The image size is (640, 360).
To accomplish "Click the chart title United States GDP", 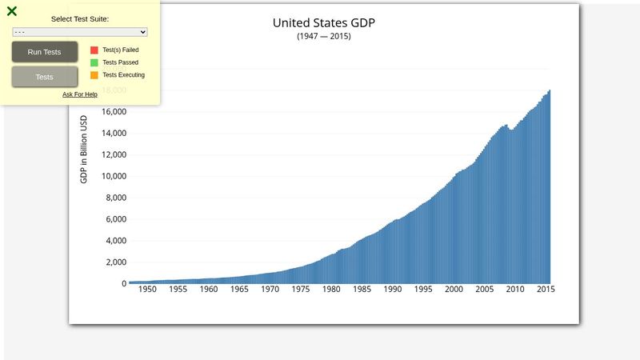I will point(323,22).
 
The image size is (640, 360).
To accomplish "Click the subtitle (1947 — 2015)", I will point(323,37).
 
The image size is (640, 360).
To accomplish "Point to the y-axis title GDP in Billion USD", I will point(83,149).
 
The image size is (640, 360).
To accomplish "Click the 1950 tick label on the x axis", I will point(147,290).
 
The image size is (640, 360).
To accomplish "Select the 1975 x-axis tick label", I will point(301,290).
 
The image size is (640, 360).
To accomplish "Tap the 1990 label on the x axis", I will point(393,290).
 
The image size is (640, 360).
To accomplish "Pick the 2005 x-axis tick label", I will point(485,290).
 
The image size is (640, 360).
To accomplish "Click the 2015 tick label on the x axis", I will point(545,290).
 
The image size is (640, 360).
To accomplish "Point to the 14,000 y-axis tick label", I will point(114,134).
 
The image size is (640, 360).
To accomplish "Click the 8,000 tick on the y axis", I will point(116,198).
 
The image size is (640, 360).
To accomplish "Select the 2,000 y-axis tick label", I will point(116,262).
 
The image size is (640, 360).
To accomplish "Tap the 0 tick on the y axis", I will point(124,284).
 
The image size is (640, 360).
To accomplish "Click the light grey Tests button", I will point(45,77).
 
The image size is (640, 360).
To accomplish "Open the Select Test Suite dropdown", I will point(80,32).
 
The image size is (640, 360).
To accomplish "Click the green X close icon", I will point(12,11).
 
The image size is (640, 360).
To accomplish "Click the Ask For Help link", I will point(80,94).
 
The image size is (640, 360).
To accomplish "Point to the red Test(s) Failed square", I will point(94,50).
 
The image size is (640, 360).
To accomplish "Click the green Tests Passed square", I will point(94,62).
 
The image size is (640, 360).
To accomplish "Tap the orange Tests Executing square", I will point(94,75).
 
